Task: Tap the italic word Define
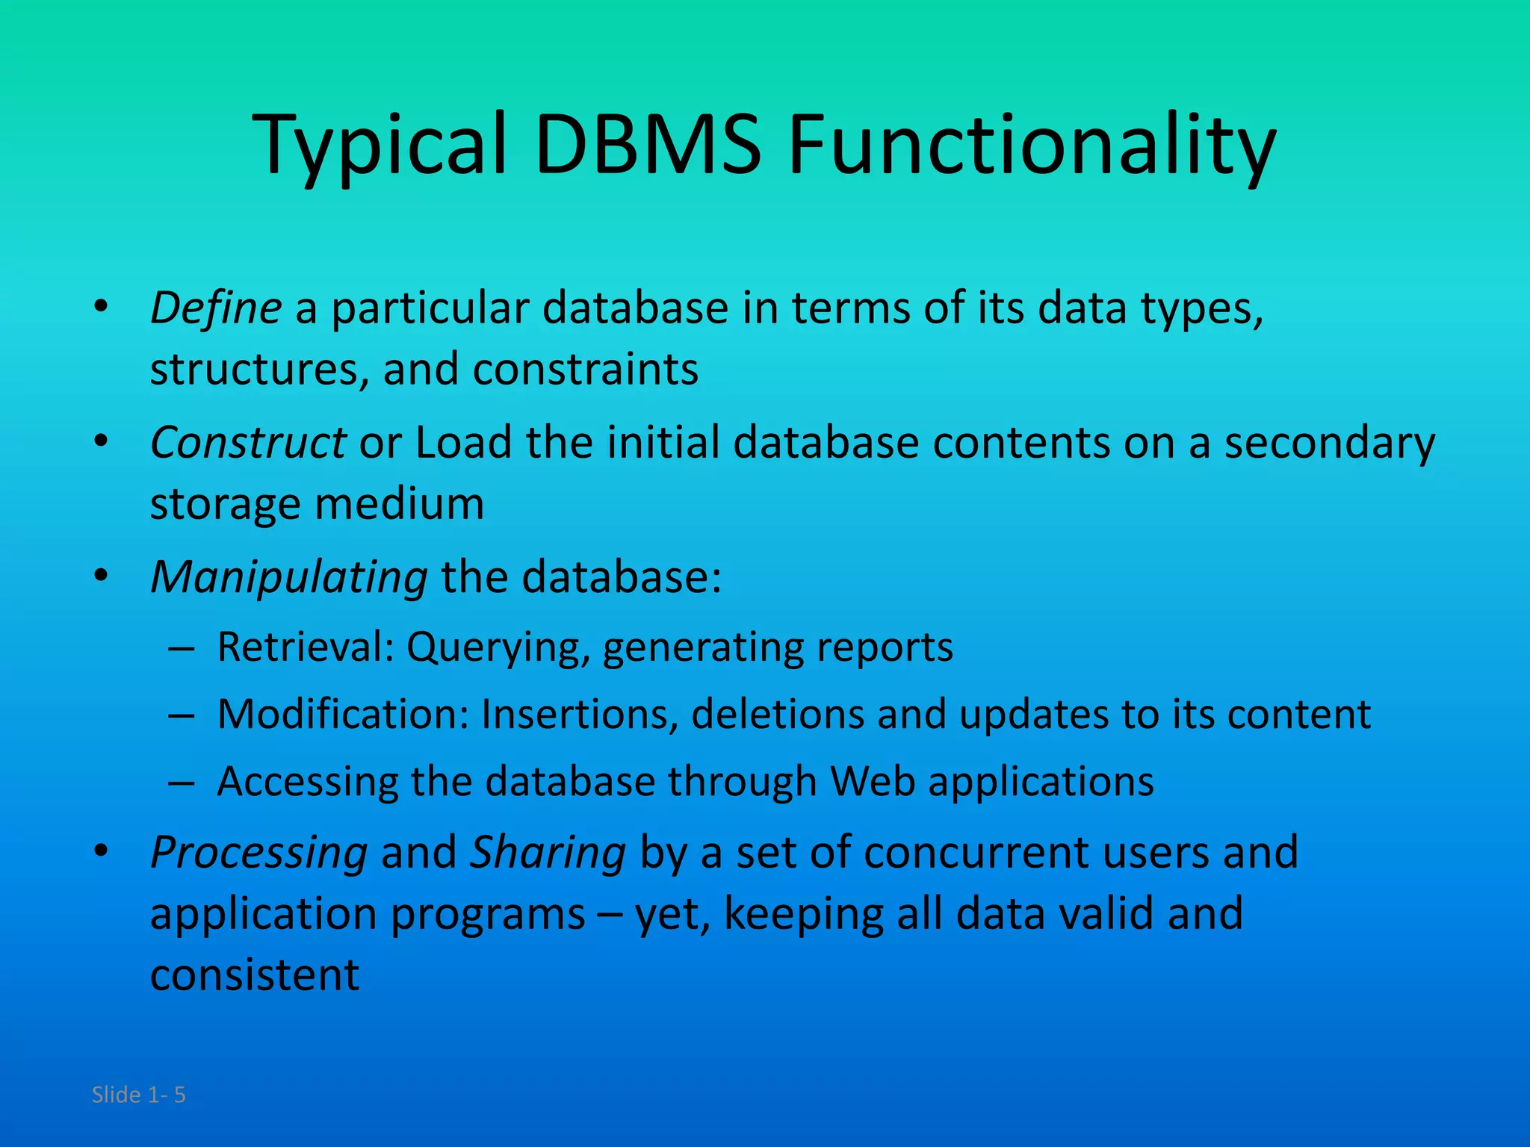coord(215,308)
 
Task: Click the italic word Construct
coord(247,443)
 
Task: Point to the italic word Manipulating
coord(288,578)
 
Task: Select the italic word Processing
coord(258,852)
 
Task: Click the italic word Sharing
coord(547,852)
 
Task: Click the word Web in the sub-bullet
coord(873,782)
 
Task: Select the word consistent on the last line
coord(255,975)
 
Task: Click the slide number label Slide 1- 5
coord(138,1095)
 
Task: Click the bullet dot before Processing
coord(101,851)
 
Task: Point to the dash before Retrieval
coord(182,648)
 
